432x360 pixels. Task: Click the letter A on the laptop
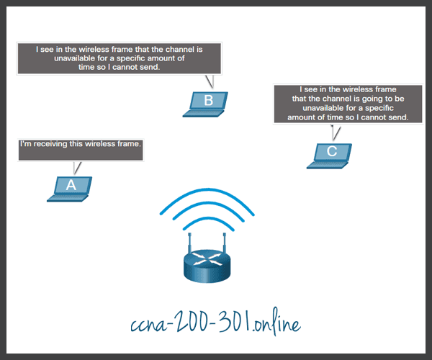71,185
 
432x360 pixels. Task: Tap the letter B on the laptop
209,100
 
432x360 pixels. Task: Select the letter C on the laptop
332,151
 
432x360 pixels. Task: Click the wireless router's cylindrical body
207,266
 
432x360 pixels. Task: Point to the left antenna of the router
189,243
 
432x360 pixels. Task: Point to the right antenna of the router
225,243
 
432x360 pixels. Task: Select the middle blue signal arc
208,204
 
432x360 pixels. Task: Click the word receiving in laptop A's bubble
50,144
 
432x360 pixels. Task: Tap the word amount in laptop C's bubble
301,117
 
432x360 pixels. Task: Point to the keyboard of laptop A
68,198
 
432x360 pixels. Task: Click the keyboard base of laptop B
203,113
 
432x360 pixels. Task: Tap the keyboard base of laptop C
328,165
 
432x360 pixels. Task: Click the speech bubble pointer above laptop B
210,81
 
